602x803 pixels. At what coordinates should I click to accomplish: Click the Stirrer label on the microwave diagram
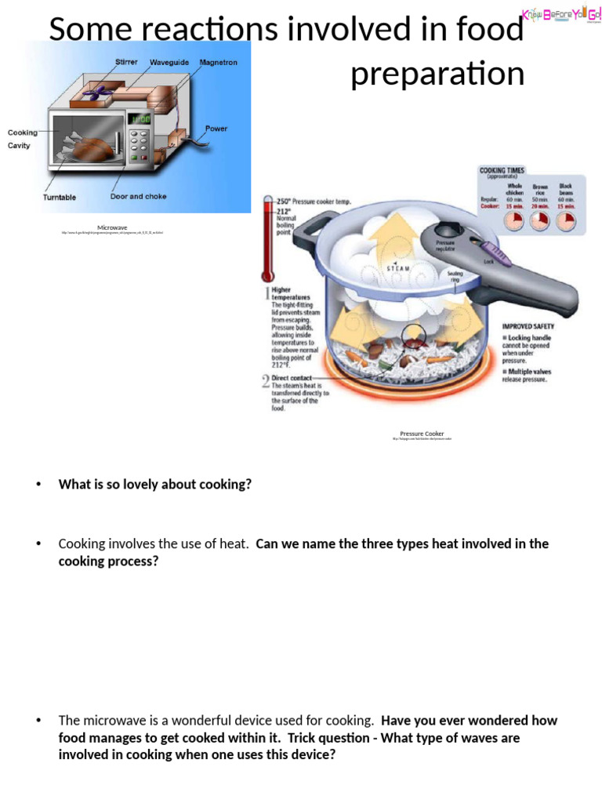click(x=125, y=62)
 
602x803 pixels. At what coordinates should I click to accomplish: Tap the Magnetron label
click(x=219, y=62)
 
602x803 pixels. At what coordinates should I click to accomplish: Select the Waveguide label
click(x=170, y=62)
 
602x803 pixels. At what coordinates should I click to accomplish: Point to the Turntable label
click(x=60, y=198)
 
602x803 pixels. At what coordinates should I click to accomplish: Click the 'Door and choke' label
click(x=138, y=197)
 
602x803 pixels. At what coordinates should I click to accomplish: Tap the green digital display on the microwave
click(x=140, y=120)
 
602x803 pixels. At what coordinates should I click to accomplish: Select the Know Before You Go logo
click(x=561, y=14)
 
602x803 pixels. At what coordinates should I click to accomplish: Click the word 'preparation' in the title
click(x=437, y=74)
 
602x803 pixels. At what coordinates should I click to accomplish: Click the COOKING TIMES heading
click(x=502, y=170)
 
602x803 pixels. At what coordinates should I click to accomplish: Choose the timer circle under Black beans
click(x=565, y=222)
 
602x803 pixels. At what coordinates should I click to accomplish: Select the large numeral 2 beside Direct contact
click(x=266, y=382)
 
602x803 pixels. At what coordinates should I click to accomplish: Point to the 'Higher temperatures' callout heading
click(x=291, y=294)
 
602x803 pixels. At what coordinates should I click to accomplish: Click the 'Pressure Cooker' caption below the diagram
click(x=422, y=434)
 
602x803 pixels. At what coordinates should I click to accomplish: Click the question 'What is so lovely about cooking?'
click(x=155, y=485)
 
